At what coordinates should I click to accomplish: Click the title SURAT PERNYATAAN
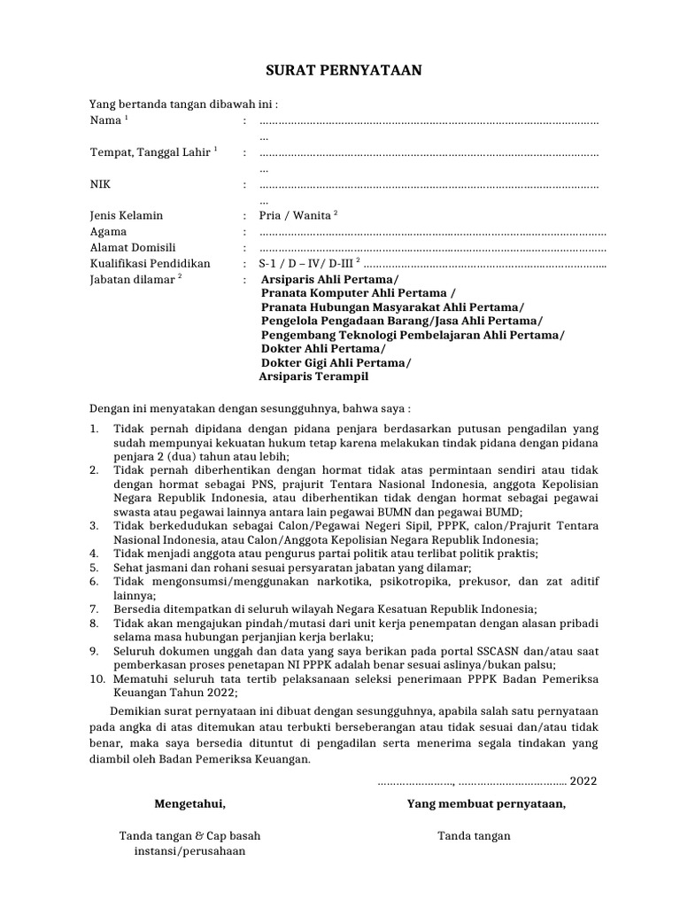click(x=339, y=70)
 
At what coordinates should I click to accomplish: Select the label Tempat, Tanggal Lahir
click(x=150, y=152)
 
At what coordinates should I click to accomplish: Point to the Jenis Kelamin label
click(x=127, y=216)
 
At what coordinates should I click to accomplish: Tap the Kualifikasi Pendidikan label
click(x=150, y=264)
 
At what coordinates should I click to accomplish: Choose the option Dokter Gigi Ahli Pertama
click(x=336, y=361)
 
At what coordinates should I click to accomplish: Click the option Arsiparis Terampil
click(x=313, y=376)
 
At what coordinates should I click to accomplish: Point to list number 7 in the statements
click(x=95, y=609)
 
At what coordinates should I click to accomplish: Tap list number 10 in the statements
click(x=97, y=678)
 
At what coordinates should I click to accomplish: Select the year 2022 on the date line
click(x=583, y=780)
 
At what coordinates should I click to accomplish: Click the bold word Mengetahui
click(x=189, y=804)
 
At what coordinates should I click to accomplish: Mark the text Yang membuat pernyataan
click(x=486, y=804)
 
